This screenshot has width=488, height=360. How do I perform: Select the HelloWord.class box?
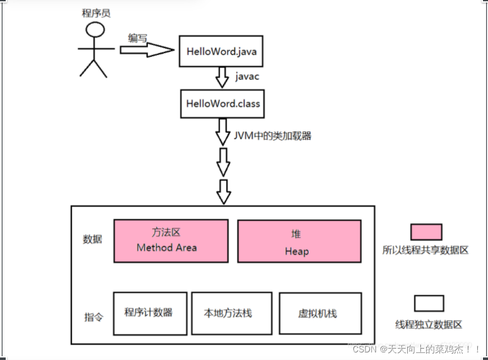[223, 103]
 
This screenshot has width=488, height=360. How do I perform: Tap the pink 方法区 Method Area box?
[171, 240]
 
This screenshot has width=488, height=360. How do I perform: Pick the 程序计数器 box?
[150, 313]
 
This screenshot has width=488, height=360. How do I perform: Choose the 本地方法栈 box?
[231, 313]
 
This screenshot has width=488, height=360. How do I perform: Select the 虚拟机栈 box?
[320, 313]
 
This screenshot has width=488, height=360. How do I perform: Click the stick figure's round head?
[95, 30]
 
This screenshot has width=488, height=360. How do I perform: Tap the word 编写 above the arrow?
[138, 38]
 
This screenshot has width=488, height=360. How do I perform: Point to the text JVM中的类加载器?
[274, 135]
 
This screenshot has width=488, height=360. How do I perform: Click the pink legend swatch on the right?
[426, 232]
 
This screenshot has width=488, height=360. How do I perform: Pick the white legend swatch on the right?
[429, 303]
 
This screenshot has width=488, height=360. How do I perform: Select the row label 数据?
[92, 240]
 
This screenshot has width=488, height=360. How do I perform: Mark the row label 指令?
[93, 316]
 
